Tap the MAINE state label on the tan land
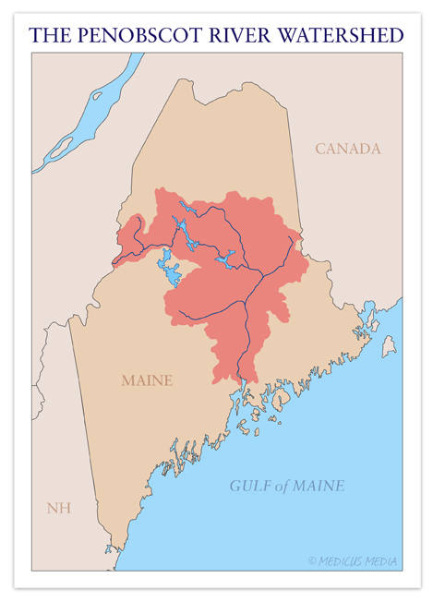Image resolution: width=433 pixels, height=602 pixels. coord(146,379)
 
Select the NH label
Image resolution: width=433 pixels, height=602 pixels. coord(58,508)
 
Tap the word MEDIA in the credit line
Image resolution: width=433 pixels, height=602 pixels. coord(380,560)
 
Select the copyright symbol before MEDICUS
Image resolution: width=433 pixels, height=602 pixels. coord(312,560)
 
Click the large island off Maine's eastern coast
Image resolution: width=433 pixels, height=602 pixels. coord(389,346)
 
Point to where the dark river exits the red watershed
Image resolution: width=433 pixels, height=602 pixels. coord(243,379)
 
